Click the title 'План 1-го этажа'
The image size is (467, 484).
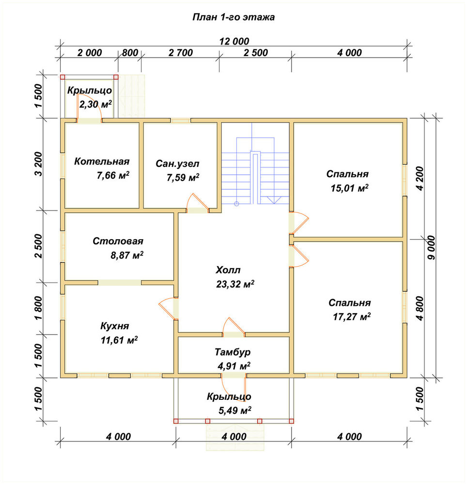point(233,17)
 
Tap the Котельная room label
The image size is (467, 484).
point(102,162)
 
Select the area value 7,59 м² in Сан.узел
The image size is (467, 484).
point(183,178)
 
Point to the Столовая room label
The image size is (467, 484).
point(118,241)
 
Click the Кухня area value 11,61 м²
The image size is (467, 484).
point(119,340)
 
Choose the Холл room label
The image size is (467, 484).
point(228,270)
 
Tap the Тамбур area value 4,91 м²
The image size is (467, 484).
point(234,366)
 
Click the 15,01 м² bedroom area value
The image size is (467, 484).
point(349,188)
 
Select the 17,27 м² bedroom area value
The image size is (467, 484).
point(352,317)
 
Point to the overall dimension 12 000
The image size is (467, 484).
point(234,41)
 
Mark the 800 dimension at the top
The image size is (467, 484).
point(130,53)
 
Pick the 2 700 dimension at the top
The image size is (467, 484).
point(181,53)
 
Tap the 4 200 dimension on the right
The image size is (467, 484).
point(420,179)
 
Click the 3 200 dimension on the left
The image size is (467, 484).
point(38,164)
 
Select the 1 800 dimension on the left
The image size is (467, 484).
point(38,308)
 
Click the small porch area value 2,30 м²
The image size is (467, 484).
point(95,105)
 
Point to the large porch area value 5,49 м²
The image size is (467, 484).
point(235,410)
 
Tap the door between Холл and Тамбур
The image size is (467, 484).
point(233,327)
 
